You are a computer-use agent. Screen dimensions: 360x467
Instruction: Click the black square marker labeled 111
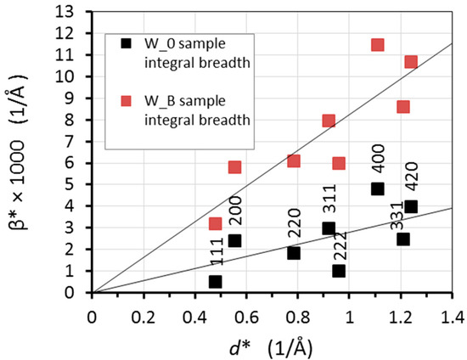pyautogui.click(x=215, y=281)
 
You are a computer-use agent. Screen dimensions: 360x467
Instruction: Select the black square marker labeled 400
pyautogui.click(x=378, y=188)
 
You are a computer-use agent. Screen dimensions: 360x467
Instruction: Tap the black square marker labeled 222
pyautogui.click(x=339, y=271)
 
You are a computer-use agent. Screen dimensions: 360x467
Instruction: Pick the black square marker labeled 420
pyautogui.click(x=411, y=206)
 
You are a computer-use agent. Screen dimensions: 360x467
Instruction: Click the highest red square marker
pyautogui.click(x=378, y=45)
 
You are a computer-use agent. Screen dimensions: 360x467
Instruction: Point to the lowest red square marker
pyautogui.click(x=215, y=223)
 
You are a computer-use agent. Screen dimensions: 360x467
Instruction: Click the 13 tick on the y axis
pyautogui.click(x=81, y=11)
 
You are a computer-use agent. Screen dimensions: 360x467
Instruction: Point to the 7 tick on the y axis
pyautogui.click(x=81, y=141)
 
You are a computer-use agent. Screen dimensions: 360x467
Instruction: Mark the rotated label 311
pyautogui.click(x=329, y=200)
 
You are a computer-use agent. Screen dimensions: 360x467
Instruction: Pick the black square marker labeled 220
pyautogui.click(x=294, y=253)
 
